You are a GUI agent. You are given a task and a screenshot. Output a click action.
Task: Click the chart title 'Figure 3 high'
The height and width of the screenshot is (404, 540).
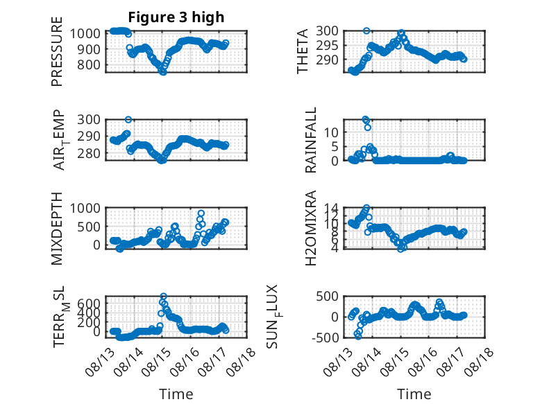[176, 17]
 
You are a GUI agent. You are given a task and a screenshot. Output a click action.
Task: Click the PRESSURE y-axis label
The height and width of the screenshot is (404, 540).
[57, 51]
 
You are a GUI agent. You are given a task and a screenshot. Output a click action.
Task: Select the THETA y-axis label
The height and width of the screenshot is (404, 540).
[303, 51]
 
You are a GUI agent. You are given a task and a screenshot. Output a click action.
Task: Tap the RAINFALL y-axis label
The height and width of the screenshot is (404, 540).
[311, 140]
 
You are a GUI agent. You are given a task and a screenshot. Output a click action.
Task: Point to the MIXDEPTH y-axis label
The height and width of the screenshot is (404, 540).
[57, 228]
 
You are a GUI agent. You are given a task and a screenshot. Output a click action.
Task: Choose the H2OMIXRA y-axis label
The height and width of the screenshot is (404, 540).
[311, 228]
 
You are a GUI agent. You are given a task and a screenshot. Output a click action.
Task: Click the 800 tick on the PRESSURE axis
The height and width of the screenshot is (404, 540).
[89, 64]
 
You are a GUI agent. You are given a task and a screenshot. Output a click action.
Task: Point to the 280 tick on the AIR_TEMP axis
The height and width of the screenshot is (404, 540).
[89, 153]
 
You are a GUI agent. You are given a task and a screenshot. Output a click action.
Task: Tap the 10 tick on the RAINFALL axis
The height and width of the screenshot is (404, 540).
[331, 132]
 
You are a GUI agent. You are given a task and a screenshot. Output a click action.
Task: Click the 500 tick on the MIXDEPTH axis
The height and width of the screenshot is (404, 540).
[89, 227]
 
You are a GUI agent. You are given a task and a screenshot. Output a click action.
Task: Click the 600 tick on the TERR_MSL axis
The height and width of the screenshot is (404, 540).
[89, 304]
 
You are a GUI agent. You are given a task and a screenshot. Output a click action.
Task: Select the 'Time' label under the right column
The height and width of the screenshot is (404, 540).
[414, 394]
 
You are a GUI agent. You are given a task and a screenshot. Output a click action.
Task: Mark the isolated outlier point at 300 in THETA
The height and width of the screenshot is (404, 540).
[366, 31]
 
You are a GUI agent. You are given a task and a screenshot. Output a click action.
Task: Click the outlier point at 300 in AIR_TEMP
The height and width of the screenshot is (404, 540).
[128, 120]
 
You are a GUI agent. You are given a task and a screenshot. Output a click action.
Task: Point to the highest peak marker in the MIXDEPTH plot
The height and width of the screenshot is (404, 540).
[201, 213]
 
